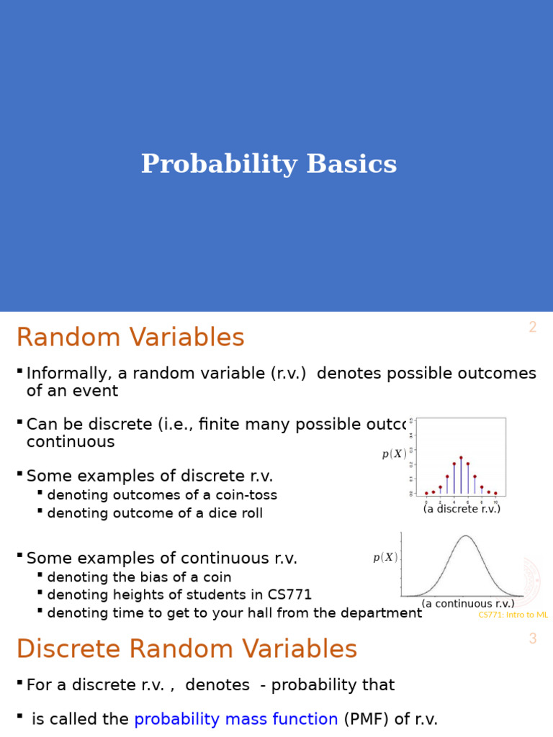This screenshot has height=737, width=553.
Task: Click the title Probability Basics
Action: coord(269,164)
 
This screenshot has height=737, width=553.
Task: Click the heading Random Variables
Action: coord(130,338)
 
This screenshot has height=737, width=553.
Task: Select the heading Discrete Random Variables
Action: coord(186,649)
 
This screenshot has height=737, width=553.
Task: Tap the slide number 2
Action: coord(532,327)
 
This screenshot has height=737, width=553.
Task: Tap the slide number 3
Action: coord(532,639)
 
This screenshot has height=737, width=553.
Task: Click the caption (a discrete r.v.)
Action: coord(462,509)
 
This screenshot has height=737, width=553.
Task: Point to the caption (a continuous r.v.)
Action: coord(468,604)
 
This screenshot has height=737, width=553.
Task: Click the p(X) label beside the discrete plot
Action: coord(394,454)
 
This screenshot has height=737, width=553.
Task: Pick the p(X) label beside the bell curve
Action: coord(385,557)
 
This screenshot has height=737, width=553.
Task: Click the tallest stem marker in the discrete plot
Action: coord(461,458)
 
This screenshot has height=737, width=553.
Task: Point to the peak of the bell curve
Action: coord(466,536)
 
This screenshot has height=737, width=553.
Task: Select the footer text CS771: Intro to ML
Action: coord(513,615)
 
